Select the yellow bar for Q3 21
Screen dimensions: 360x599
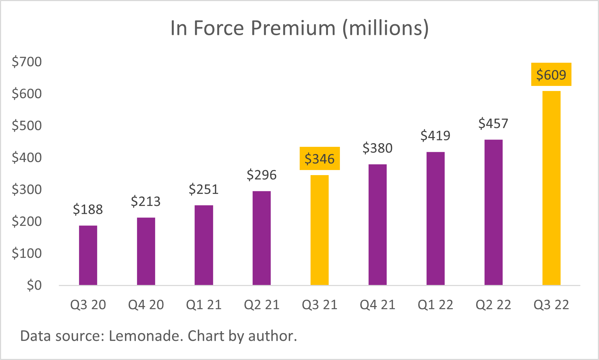click(x=319, y=230)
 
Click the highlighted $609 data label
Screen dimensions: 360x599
click(x=551, y=75)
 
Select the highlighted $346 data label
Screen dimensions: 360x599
click(x=319, y=159)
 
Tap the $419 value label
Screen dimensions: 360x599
click(x=435, y=136)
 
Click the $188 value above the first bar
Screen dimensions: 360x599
click(x=88, y=210)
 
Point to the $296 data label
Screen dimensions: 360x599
click(x=261, y=175)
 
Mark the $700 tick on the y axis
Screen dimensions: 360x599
click(x=27, y=62)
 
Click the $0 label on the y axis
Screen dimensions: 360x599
click(x=34, y=286)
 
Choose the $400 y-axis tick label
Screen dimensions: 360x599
click(x=27, y=158)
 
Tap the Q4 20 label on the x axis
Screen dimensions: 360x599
click(x=146, y=305)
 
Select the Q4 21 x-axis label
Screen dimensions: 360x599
click(x=377, y=305)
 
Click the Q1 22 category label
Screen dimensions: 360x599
click(x=435, y=305)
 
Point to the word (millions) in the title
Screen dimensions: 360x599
click(x=386, y=28)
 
